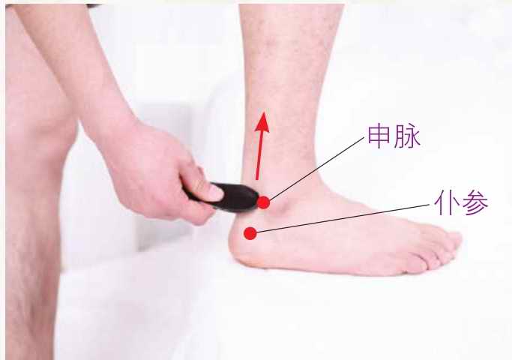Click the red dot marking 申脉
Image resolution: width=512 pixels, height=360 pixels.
click(264, 202)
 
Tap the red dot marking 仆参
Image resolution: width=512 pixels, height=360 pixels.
click(250, 233)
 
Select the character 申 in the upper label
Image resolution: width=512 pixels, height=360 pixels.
click(379, 136)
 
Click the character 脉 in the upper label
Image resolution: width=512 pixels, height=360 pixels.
click(407, 136)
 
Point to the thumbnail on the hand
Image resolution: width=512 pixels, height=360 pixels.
click(216, 192)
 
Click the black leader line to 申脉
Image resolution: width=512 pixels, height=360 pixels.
click(317, 169)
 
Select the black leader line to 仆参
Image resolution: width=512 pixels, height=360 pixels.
click(343, 218)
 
